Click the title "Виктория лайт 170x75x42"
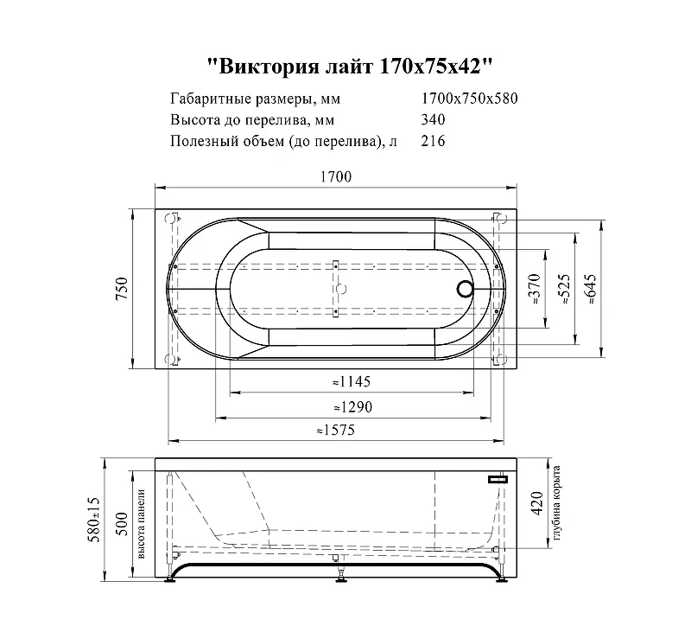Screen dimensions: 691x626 tap(350, 67)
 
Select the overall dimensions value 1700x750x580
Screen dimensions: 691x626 tap(469, 99)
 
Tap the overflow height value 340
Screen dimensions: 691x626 tap(433, 119)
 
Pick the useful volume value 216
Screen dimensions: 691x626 tap(433, 141)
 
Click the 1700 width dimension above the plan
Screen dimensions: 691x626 tap(336, 176)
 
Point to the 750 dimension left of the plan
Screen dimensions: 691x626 tap(122, 289)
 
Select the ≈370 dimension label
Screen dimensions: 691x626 tap(534, 289)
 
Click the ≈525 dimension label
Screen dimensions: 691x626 tap(565, 289)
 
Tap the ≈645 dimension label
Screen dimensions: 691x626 tap(590, 289)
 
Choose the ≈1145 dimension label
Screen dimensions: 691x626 tap(352, 381)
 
